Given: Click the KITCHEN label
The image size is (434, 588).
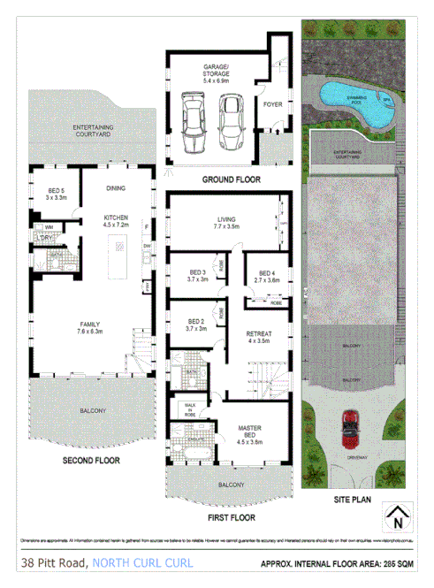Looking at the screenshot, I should pyautogui.click(x=117, y=220).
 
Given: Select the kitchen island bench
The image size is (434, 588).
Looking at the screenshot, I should pyautogui.click(x=117, y=262).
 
